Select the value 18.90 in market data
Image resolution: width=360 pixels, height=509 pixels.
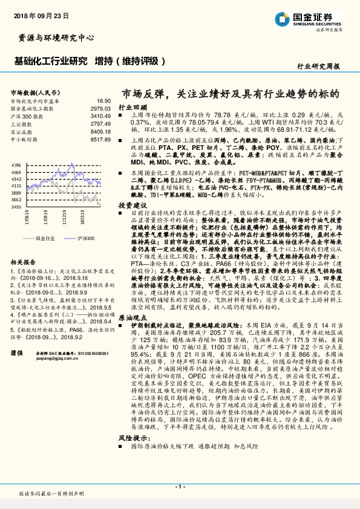tap(103, 100)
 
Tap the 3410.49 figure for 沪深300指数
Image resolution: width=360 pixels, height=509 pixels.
tap(100, 115)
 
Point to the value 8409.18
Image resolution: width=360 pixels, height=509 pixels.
tap(100, 131)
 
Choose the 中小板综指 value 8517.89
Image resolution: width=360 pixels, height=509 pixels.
tap(100, 138)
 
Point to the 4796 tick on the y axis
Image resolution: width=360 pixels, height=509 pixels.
tap(16, 164)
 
